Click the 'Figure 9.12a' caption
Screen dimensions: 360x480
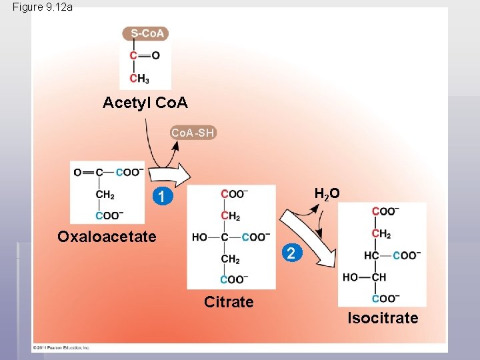[42, 7]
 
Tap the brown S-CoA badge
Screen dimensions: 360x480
[146, 33]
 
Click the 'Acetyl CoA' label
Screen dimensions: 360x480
[145, 103]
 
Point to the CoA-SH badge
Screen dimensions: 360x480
[193, 133]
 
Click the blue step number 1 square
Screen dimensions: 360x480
[159, 197]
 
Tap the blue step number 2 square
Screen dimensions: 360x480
[290, 253]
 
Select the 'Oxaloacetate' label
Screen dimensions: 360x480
[107, 237]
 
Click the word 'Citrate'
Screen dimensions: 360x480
[229, 302]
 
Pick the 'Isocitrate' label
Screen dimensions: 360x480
[383, 318]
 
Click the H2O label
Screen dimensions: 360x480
[327, 194]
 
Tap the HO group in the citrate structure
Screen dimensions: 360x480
[199, 237]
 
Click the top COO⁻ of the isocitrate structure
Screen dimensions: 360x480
[386, 211]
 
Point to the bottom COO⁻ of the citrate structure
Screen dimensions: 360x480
[234, 279]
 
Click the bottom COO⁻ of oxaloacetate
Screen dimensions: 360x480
[109, 215]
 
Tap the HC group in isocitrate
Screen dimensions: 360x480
[371, 255]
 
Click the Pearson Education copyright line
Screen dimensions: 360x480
[62, 347]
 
